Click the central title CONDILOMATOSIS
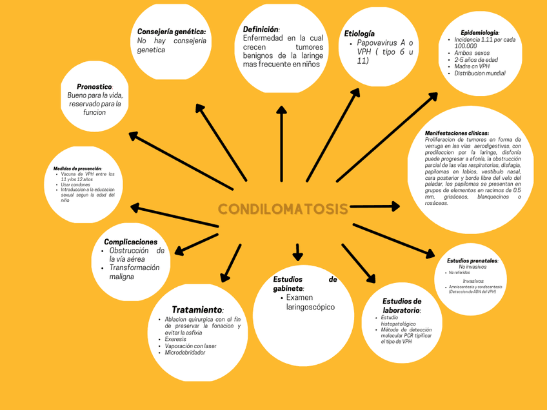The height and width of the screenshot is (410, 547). [283, 210]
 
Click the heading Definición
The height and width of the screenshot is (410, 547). [261, 30]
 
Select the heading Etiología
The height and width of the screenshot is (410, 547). [359, 34]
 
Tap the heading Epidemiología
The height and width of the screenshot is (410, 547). [479, 32]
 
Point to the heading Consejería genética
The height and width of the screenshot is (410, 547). [172, 32]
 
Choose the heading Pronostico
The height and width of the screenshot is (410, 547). [94, 86]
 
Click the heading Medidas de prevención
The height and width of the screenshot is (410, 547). [77, 169]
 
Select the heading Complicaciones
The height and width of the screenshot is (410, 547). [130, 242]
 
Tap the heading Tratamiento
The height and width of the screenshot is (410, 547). [197, 310]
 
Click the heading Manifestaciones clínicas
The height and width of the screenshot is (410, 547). [457, 133]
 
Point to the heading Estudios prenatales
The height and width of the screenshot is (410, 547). [472, 260]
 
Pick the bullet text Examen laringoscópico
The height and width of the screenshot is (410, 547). [310, 302]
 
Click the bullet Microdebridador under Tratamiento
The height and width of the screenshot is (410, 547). [185, 353]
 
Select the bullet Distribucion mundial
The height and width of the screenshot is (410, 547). [480, 73]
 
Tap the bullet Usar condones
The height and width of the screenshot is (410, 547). [75, 185]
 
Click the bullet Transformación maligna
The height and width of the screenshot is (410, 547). [134, 272]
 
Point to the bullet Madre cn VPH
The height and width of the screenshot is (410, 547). [472, 66]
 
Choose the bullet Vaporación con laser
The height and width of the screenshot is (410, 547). [190, 346]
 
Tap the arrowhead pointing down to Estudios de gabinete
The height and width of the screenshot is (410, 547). [297, 254]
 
